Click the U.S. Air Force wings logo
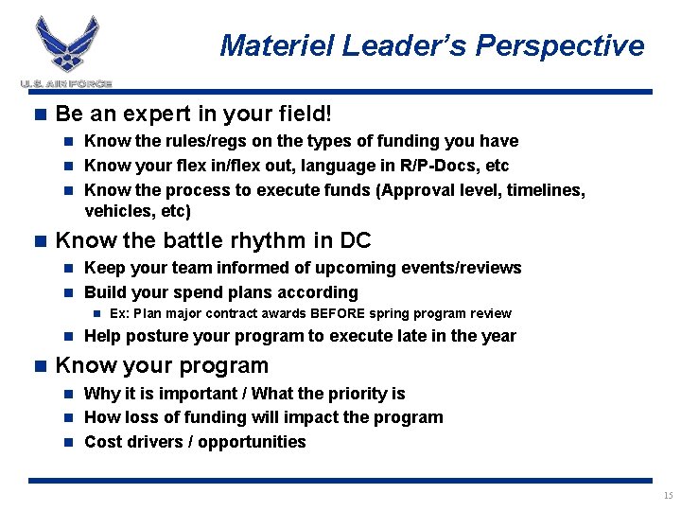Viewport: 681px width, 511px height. click(x=66, y=47)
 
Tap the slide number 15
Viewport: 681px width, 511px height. click(x=668, y=496)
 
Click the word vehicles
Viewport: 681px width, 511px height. click(x=116, y=212)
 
